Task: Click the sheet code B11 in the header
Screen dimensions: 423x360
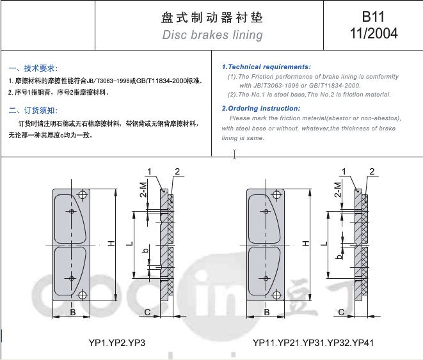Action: (x=373, y=17)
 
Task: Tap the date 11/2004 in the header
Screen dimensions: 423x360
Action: (x=374, y=33)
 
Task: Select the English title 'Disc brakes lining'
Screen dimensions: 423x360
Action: (x=212, y=35)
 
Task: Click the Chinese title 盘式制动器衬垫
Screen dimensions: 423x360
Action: (x=212, y=17)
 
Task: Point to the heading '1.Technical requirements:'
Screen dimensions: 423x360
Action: (x=266, y=67)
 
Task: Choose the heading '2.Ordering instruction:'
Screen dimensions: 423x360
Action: (x=261, y=108)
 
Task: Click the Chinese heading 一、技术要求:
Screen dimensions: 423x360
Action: (x=33, y=68)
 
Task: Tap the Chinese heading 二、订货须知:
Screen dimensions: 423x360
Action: (x=33, y=110)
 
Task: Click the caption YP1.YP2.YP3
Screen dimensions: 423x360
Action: (x=117, y=343)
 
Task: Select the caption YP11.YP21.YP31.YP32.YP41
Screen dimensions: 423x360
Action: (x=313, y=343)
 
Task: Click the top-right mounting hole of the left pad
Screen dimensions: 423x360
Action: (x=83, y=194)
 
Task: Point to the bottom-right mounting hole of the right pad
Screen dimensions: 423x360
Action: (x=277, y=295)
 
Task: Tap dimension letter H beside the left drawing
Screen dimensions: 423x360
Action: (x=111, y=244)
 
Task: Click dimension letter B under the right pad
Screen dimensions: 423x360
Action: (x=266, y=312)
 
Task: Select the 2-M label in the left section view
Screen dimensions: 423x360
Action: (x=143, y=190)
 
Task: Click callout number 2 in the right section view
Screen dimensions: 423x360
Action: (x=372, y=171)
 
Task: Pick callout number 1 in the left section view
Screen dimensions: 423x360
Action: (x=149, y=171)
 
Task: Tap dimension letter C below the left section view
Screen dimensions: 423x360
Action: (x=147, y=312)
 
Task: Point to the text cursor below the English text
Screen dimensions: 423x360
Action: (x=234, y=154)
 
